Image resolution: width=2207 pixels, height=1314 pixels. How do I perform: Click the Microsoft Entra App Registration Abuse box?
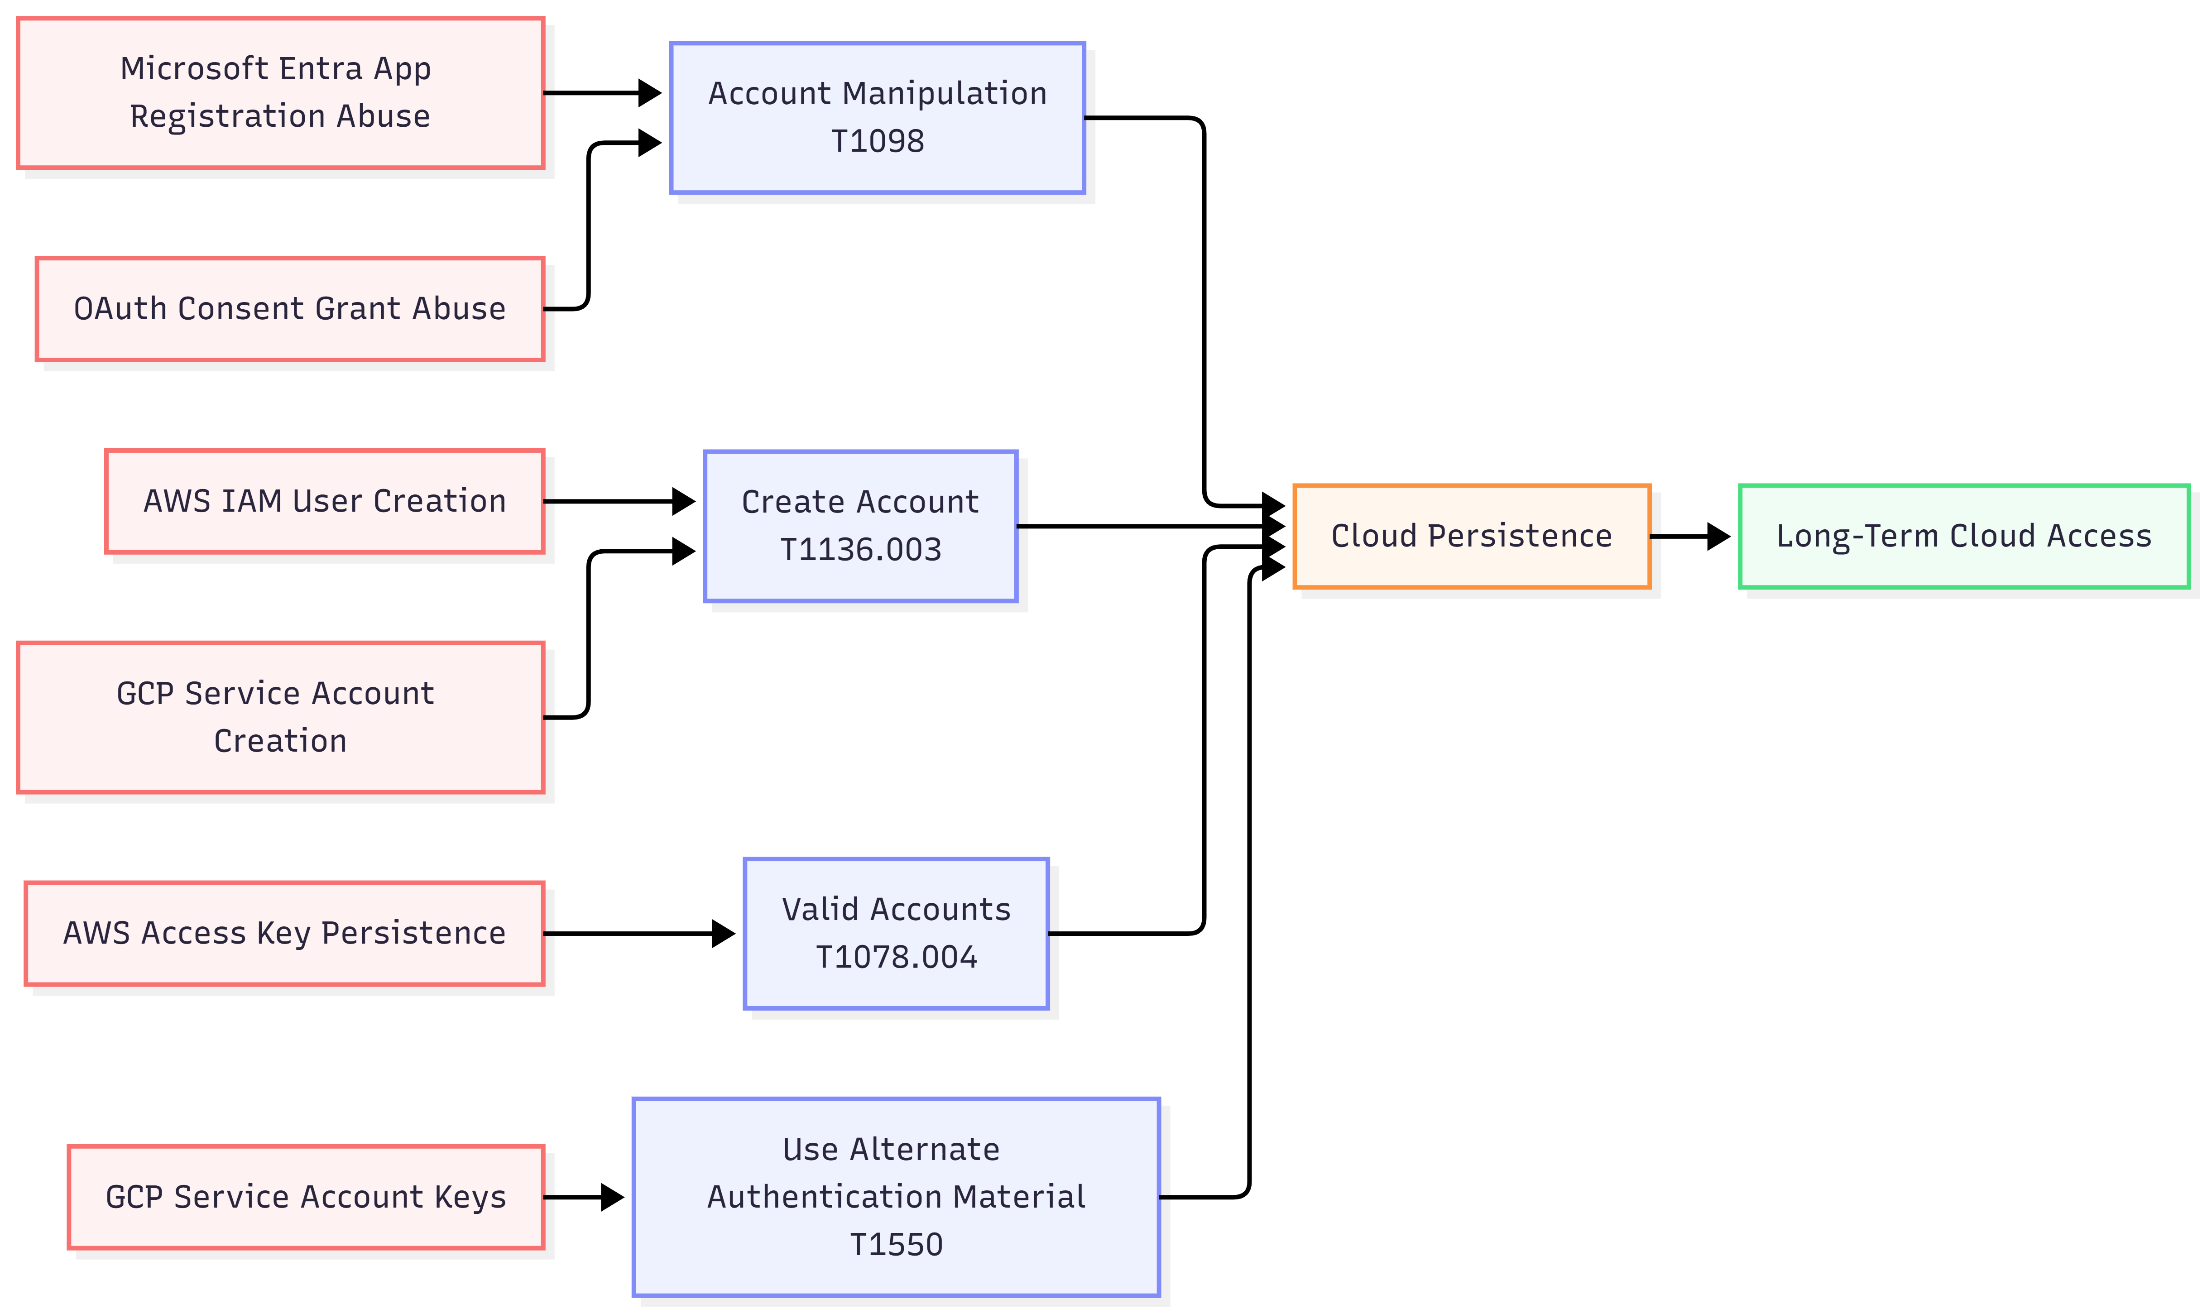pos(280,92)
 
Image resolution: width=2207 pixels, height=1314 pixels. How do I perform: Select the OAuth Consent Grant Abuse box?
pos(289,309)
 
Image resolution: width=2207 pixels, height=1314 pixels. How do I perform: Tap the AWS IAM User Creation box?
pos(324,501)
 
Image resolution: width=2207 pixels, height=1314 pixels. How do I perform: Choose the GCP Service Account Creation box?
pos(280,717)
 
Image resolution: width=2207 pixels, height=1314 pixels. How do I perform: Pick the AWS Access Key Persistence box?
pos(284,933)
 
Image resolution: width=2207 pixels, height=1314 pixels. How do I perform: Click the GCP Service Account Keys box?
pos(306,1197)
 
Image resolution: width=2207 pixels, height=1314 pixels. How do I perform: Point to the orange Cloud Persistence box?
pos(1471,536)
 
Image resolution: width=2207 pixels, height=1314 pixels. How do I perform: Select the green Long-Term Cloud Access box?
pos(1963,536)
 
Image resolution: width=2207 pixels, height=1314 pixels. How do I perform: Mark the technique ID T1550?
pos(896,1245)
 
